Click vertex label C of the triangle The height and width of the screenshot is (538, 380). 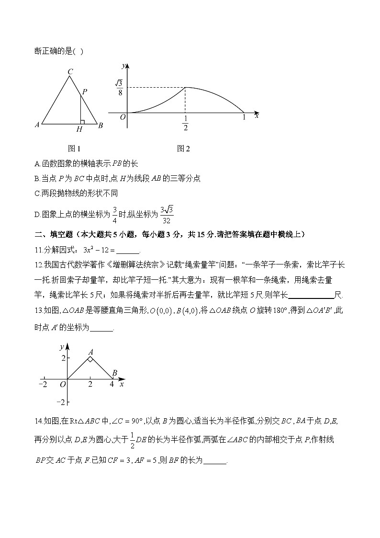click(x=70, y=72)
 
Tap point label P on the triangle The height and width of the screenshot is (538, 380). click(x=84, y=91)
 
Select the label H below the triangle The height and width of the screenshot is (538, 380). click(x=79, y=129)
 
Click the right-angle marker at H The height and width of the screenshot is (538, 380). click(x=82, y=122)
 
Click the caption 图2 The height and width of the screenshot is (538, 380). click(x=183, y=149)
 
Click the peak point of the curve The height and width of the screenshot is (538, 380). click(x=185, y=87)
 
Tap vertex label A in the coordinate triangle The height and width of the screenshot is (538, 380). click(x=90, y=352)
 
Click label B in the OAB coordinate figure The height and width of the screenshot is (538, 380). click(x=114, y=372)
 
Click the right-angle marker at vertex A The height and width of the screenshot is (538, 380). click(x=90, y=358)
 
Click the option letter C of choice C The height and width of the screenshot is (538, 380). click(x=37, y=193)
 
